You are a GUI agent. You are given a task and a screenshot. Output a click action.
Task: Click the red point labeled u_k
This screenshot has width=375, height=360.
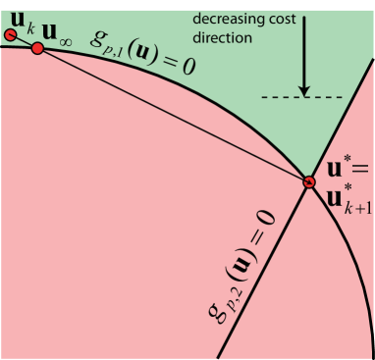click(x=11, y=36)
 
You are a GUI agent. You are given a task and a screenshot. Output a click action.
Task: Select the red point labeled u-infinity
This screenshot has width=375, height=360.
click(x=37, y=48)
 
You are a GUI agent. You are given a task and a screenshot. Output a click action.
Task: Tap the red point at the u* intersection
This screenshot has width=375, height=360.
click(x=309, y=181)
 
